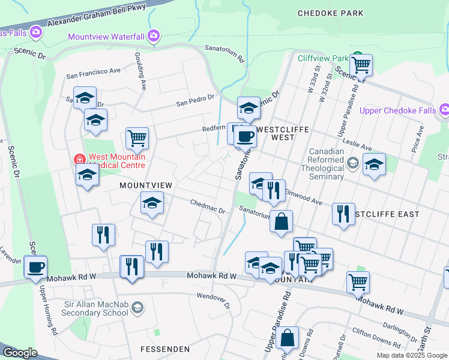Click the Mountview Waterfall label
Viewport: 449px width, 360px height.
point(106,37)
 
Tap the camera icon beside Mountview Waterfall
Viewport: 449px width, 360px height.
point(154,36)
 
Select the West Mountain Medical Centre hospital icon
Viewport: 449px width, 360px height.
point(78,160)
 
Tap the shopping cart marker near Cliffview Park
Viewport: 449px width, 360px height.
point(361,64)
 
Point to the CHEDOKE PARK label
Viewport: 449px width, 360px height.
point(330,13)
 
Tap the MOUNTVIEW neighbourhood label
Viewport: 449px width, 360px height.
point(145,185)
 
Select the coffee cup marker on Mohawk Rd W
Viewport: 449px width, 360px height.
point(35,266)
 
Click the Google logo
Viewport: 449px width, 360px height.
point(20,353)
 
